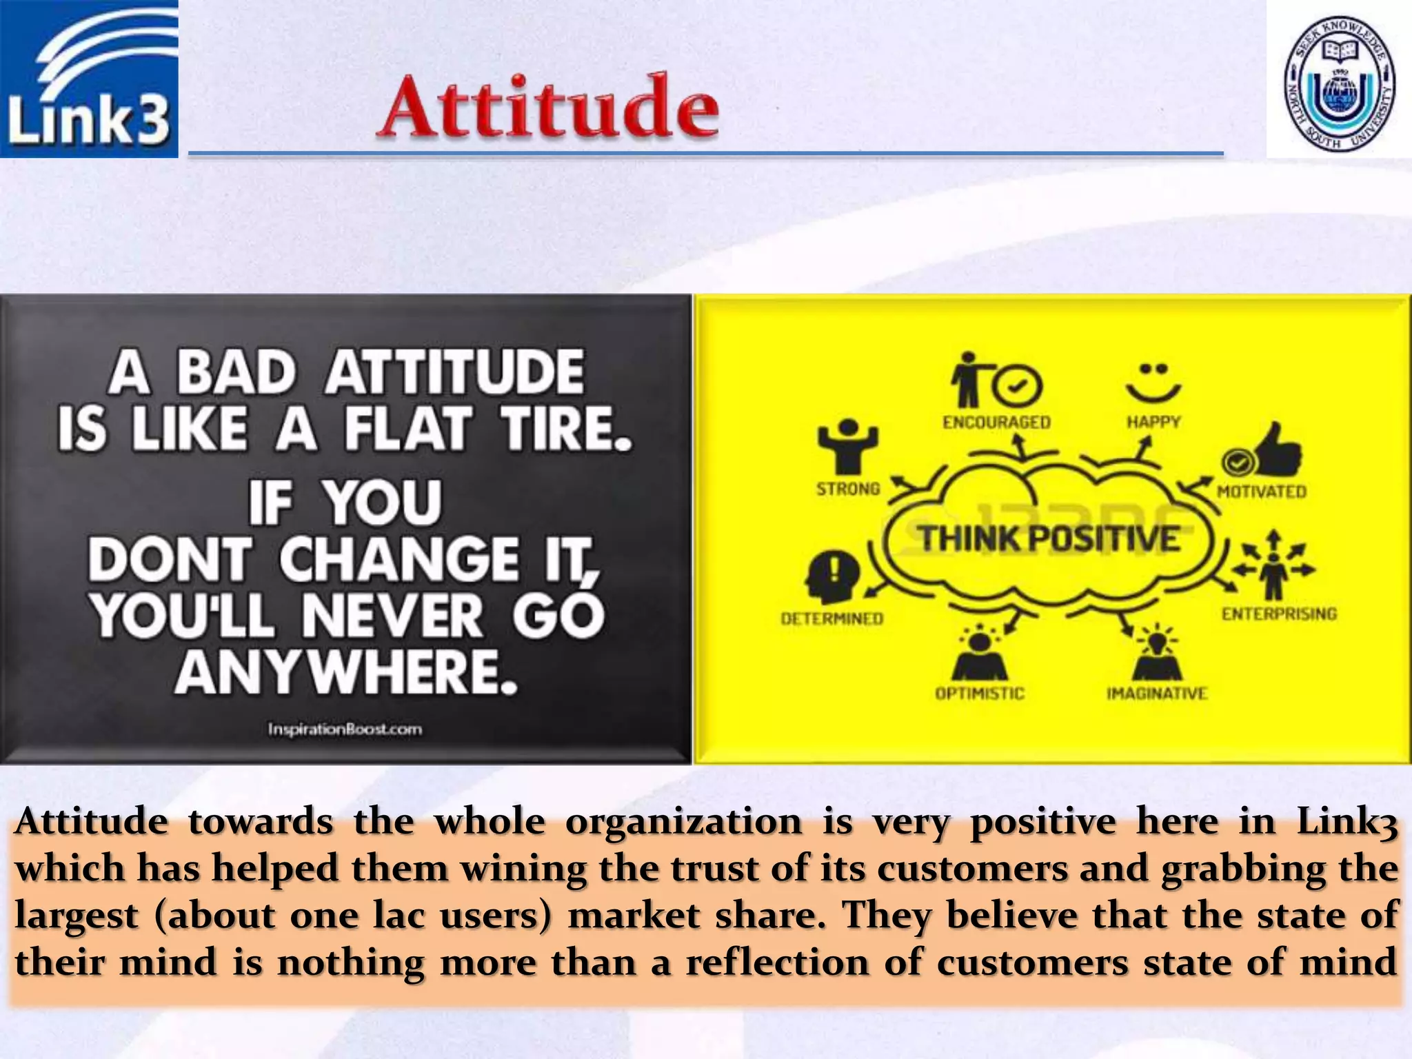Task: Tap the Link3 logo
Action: tap(89, 79)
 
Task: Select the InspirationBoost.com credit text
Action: tap(345, 729)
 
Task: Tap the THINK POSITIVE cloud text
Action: tap(1049, 538)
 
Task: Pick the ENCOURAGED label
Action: tap(996, 422)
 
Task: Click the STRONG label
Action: tap(848, 489)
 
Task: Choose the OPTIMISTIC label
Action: tap(980, 693)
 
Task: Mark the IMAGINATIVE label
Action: tap(1157, 693)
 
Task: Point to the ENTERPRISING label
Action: tap(1279, 614)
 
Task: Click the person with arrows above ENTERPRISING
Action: tap(1273, 565)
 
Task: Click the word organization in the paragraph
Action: tap(683, 822)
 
